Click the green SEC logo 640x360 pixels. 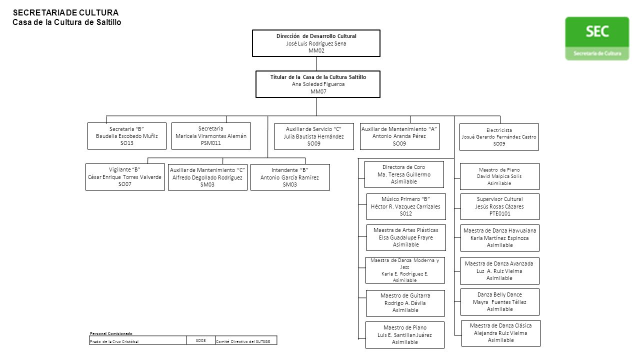point(597,38)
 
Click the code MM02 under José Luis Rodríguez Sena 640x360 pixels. point(316,50)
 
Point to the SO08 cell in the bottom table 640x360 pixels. point(201,340)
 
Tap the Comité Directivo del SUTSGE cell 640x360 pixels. point(246,340)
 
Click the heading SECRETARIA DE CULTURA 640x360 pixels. point(65,12)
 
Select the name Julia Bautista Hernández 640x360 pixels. point(313,136)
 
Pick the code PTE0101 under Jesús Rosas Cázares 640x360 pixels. point(499,213)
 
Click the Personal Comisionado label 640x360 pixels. point(111,333)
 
